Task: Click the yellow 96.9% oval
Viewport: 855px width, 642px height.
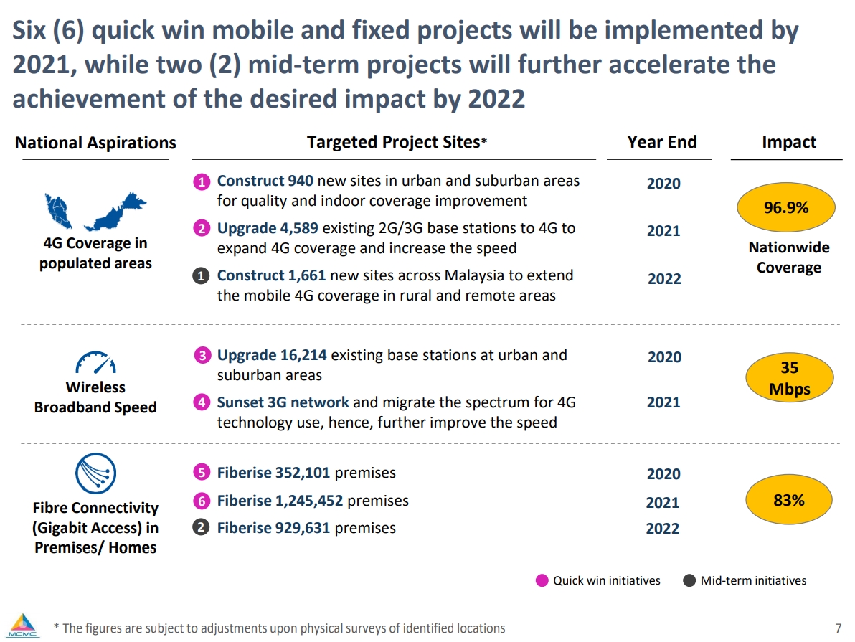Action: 786,208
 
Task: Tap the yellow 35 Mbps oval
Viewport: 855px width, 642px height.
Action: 789,378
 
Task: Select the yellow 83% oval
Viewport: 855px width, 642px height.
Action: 789,500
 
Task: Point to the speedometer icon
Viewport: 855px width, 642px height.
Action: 95,363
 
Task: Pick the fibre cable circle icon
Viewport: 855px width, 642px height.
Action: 95,474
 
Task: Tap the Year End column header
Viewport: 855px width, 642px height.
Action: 661,142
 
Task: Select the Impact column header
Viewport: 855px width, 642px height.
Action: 788,142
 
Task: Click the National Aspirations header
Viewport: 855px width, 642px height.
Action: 95,143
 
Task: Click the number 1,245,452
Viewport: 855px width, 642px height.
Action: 308,501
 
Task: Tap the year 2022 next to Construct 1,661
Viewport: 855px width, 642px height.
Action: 664,279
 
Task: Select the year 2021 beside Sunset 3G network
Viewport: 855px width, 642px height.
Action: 663,402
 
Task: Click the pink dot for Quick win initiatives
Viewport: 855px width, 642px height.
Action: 543,580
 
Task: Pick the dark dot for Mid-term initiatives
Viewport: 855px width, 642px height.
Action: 690,580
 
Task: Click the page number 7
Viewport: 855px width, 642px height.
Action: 839,628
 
